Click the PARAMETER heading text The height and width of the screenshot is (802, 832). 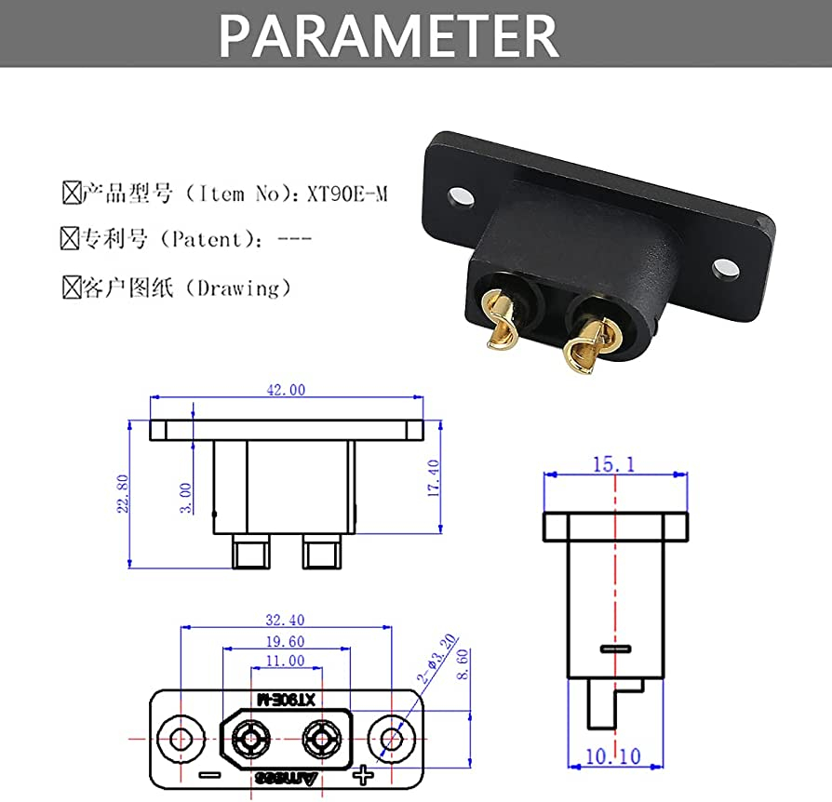point(388,35)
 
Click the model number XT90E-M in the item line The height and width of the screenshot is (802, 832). point(345,194)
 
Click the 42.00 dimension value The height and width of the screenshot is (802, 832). point(286,391)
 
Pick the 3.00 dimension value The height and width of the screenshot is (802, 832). point(186,498)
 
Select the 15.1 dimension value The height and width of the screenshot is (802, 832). point(614,463)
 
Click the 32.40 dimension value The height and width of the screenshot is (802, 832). point(285,620)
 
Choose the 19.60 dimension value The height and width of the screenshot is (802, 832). point(285,641)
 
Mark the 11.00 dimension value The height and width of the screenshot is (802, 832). point(285,661)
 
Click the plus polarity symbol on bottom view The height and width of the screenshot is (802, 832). point(363,774)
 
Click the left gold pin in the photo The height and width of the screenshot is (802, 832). point(501,326)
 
